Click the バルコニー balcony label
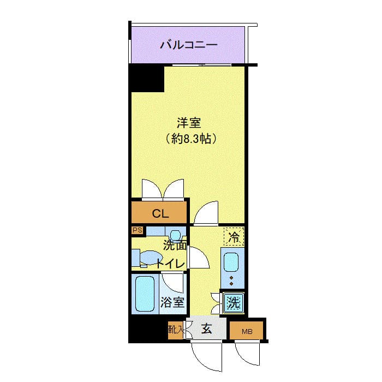pyautogui.click(x=189, y=45)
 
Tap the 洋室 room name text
pyautogui.click(x=189, y=123)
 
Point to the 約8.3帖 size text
pyautogui.click(x=191, y=139)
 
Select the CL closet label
pyautogui.click(x=160, y=214)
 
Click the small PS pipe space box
pyautogui.click(x=138, y=230)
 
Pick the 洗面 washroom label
pyautogui.click(x=175, y=246)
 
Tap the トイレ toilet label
pyautogui.click(x=170, y=264)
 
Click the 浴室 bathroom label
pyautogui.click(x=172, y=302)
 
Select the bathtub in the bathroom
pyautogui.click(x=145, y=294)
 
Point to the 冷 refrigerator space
pyautogui.click(x=234, y=236)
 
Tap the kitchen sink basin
pyautogui.click(x=231, y=262)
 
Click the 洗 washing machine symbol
pyautogui.click(x=234, y=303)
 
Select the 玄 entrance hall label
pyautogui.click(x=206, y=329)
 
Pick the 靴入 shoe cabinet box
pyautogui.click(x=175, y=330)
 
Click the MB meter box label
pyautogui.click(x=247, y=332)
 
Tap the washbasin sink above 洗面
pyautogui.click(x=176, y=235)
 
